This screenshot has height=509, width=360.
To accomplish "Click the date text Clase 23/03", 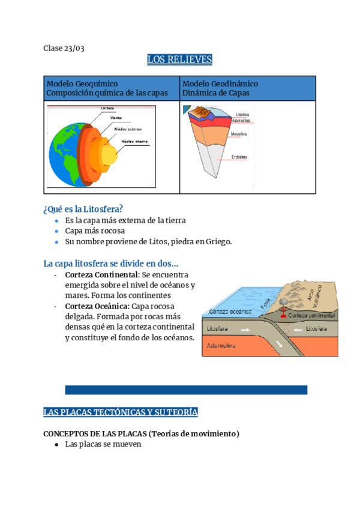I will [x=64, y=48].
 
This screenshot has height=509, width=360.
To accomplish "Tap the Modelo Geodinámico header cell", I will [x=247, y=88].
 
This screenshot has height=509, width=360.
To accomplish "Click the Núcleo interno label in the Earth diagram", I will [x=134, y=142].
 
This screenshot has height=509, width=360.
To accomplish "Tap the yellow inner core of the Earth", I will [x=109, y=155].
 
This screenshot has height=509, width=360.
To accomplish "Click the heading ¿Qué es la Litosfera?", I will [x=83, y=208].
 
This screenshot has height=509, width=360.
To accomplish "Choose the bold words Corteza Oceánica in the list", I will [x=97, y=306].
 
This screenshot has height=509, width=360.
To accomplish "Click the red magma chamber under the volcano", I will [x=283, y=315].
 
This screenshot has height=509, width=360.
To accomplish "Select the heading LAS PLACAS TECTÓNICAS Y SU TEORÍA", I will [x=121, y=412].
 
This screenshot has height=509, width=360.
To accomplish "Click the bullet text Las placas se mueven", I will [x=103, y=445].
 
